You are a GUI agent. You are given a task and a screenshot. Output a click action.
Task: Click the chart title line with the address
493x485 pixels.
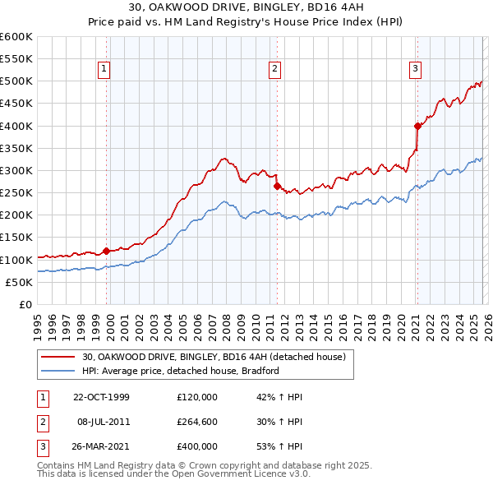(246, 7)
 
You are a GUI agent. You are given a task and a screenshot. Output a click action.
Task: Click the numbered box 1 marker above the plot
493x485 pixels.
(105, 70)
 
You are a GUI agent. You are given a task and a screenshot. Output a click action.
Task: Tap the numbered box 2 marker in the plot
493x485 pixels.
(274, 70)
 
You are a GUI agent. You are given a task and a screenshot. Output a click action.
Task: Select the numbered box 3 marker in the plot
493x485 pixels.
(416, 70)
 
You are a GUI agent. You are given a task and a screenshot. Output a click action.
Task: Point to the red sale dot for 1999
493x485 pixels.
(107, 251)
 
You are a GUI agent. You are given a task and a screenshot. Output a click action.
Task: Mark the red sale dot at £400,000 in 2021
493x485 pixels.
(417, 126)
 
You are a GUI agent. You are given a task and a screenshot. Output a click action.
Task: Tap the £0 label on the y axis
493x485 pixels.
(25, 304)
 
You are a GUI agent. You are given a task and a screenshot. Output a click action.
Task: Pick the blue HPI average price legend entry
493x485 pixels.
(181, 371)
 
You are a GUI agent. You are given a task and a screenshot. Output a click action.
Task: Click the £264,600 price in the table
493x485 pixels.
(197, 422)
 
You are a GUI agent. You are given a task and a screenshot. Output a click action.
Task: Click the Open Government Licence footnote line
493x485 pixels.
(173, 475)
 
